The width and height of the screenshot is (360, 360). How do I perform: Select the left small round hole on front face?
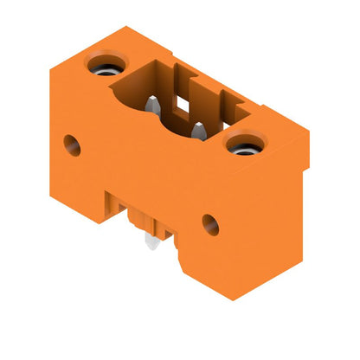click(x=72, y=145)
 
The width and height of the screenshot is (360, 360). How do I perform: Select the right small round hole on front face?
click(x=210, y=224)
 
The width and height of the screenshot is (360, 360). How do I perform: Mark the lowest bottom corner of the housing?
click(x=230, y=299)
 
